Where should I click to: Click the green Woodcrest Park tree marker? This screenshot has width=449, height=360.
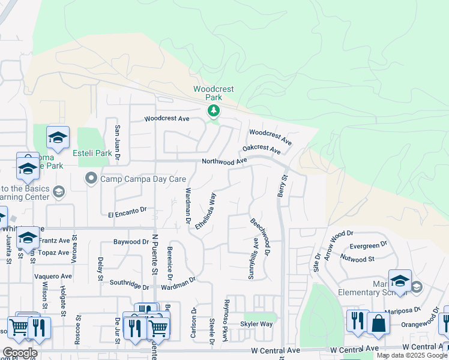point(213,110)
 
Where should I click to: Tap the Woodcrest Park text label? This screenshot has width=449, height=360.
point(213,93)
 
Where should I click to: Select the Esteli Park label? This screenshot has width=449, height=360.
point(92,153)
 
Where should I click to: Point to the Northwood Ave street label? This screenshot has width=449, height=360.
point(224,161)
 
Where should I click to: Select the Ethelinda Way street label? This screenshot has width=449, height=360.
point(212,208)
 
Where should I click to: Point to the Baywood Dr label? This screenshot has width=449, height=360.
point(131,242)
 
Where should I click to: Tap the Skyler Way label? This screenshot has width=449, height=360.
point(256,324)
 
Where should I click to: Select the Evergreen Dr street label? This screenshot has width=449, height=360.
point(368,246)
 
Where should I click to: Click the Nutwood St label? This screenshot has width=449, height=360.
point(358,259)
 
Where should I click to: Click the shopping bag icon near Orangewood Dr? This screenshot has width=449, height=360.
point(379,323)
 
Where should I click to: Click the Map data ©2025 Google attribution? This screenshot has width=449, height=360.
point(412,355)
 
